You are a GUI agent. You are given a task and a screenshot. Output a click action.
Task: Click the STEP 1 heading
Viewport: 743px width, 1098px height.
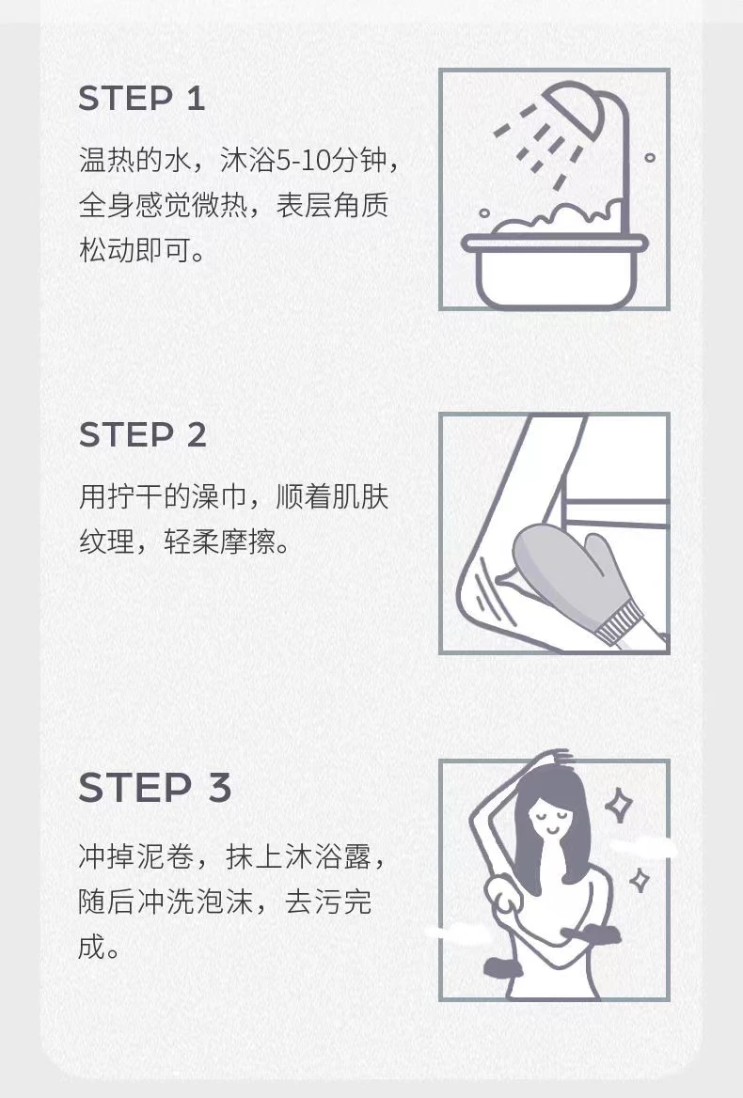(141, 98)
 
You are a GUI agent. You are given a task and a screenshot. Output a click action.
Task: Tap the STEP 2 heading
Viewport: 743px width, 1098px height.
(143, 435)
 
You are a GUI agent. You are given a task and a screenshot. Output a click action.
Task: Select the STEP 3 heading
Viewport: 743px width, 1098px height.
(155, 787)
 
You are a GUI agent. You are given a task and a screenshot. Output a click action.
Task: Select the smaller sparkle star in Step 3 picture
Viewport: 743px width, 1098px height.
(639, 880)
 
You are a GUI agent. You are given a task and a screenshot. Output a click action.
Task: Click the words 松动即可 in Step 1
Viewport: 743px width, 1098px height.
(134, 250)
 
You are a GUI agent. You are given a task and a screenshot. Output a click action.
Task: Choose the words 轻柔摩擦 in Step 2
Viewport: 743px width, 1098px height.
(219, 541)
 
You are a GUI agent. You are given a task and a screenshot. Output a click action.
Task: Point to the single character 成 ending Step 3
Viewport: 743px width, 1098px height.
(92, 946)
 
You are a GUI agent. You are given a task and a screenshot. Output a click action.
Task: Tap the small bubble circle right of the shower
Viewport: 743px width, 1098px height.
(650, 158)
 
